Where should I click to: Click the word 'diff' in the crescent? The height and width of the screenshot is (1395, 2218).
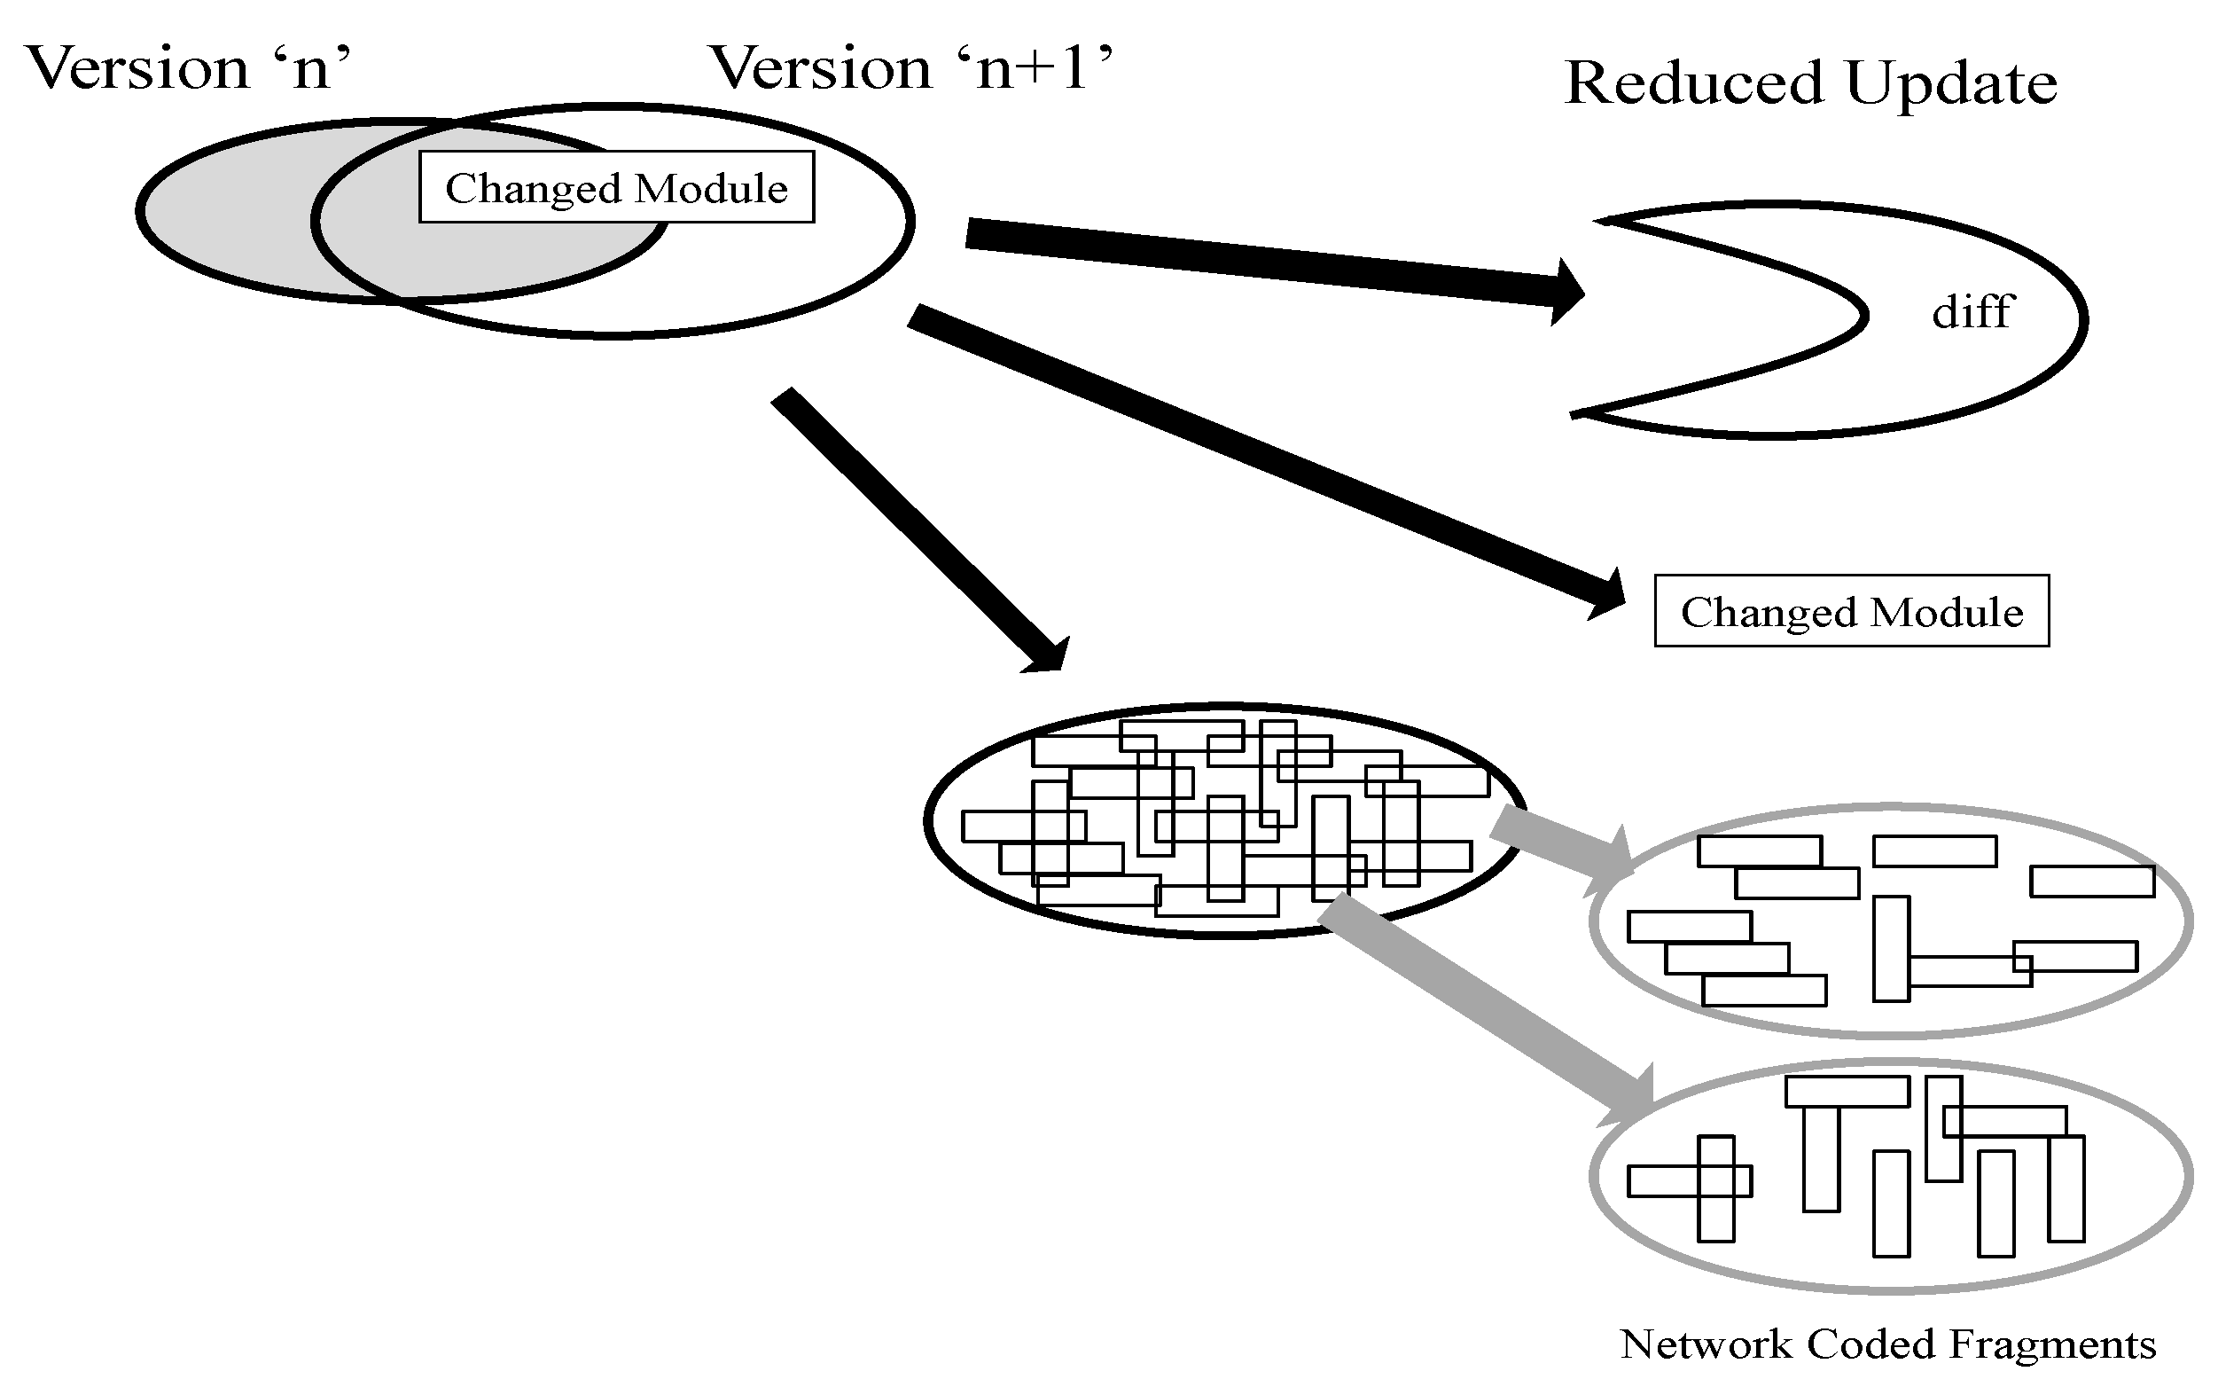[1972, 311]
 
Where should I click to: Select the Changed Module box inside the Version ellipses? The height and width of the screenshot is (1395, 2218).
[616, 187]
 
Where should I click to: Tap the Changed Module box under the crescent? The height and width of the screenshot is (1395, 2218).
[1851, 611]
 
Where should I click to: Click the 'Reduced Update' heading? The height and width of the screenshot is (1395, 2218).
[1811, 83]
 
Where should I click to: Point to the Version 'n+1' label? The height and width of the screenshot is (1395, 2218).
[912, 68]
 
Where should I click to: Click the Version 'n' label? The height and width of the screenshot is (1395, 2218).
[189, 68]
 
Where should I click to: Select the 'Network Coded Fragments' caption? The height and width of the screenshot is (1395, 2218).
[1888, 1344]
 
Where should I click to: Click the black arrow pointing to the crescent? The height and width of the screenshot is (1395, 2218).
[1275, 263]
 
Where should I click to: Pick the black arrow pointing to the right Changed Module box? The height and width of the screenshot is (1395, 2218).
[1267, 463]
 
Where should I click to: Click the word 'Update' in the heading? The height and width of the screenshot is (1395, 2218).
[1952, 83]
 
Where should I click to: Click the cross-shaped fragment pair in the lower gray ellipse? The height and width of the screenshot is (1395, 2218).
[1690, 1188]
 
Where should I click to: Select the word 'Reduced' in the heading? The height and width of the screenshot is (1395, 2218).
[1694, 83]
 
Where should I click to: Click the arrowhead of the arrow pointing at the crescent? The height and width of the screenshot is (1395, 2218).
[1566, 292]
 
